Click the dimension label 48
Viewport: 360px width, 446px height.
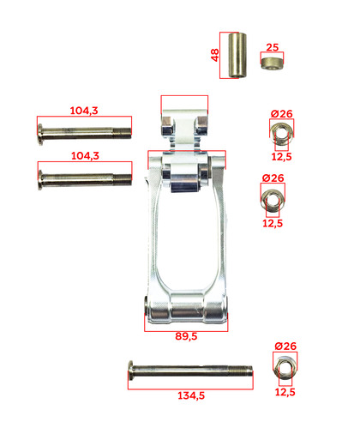pos(215,55)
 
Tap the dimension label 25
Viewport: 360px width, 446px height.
pos(272,47)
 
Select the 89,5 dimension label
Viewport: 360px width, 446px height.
pos(186,336)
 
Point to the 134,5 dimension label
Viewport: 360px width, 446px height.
pos(191,395)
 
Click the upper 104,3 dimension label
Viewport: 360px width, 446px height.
pos(84,111)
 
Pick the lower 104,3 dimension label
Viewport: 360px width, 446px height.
pos(85,156)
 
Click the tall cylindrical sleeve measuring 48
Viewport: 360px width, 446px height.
pos(237,55)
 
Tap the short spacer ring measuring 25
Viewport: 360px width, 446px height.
pos(272,63)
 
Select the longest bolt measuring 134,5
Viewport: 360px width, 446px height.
pos(190,371)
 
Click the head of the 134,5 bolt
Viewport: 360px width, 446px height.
pos(131,371)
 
